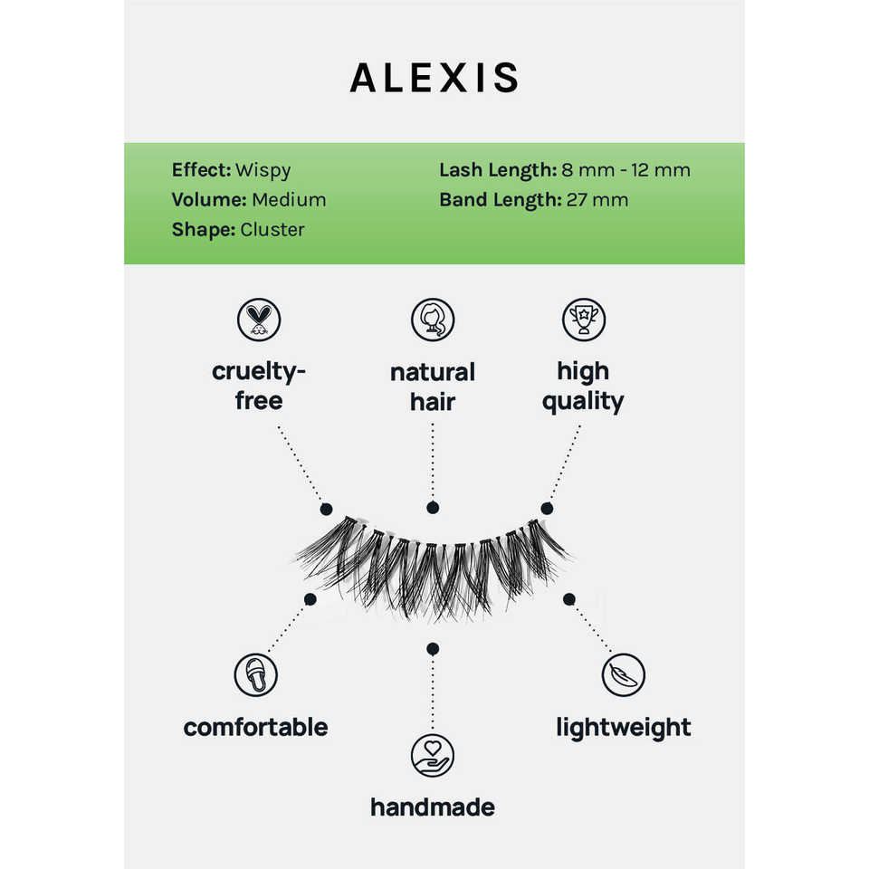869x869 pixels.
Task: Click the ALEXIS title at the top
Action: (x=434, y=79)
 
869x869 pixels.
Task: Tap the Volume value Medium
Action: (x=289, y=199)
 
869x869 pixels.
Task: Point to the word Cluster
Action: (x=272, y=229)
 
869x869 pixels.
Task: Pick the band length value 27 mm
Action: (x=597, y=199)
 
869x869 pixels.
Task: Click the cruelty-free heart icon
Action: (x=259, y=320)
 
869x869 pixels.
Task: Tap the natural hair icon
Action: (x=433, y=320)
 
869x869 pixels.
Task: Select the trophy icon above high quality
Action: (x=583, y=320)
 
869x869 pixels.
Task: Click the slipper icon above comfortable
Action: (x=255, y=674)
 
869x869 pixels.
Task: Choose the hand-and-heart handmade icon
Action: (x=433, y=756)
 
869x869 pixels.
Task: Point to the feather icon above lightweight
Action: (x=624, y=674)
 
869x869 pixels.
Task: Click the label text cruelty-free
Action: (x=259, y=386)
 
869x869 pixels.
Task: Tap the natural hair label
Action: (x=433, y=387)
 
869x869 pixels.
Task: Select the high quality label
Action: (x=583, y=386)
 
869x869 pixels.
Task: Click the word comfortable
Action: (x=255, y=727)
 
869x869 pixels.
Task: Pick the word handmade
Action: (x=433, y=807)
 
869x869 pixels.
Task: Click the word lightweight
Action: (x=624, y=727)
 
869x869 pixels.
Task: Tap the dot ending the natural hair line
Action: (x=433, y=509)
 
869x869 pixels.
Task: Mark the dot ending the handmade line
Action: (x=433, y=648)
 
